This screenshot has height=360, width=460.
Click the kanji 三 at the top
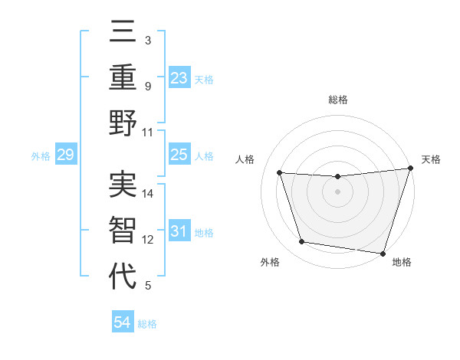123,35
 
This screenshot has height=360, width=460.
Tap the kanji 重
123,80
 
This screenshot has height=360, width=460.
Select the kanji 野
123,123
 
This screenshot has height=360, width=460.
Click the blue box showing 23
179,78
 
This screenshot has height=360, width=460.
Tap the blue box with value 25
179,155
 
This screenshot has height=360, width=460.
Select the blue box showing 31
179,232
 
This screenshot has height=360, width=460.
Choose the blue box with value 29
65,155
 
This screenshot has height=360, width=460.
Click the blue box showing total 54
122,323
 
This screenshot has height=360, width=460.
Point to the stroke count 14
149,193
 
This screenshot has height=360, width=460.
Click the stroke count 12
149,240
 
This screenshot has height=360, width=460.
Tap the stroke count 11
149,132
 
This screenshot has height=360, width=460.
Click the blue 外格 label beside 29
41,156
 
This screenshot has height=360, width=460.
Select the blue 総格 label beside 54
147,324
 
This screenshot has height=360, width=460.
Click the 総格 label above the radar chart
337,100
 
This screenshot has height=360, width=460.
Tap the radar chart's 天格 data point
410,169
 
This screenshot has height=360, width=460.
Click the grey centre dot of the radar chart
337,192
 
